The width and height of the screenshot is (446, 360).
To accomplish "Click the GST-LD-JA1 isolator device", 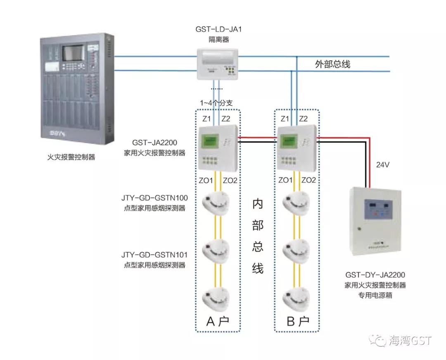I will (x=218, y=64).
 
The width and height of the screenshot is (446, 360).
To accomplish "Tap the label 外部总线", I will (x=332, y=64).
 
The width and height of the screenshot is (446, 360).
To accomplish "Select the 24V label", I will (x=383, y=165).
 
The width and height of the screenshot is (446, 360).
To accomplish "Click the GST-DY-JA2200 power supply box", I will (x=375, y=221).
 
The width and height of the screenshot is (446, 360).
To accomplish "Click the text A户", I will (x=218, y=321).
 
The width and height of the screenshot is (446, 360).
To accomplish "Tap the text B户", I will (x=297, y=321).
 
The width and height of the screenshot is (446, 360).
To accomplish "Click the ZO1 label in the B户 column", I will (x=286, y=180).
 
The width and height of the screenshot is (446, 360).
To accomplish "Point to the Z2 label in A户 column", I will (x=226, y=119).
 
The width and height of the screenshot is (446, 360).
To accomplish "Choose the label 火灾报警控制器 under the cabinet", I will (x=71, y=157).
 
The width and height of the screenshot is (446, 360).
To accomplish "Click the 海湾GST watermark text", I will (x=410, y=341).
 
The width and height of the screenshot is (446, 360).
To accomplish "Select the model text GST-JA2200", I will (x=155, y=143).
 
